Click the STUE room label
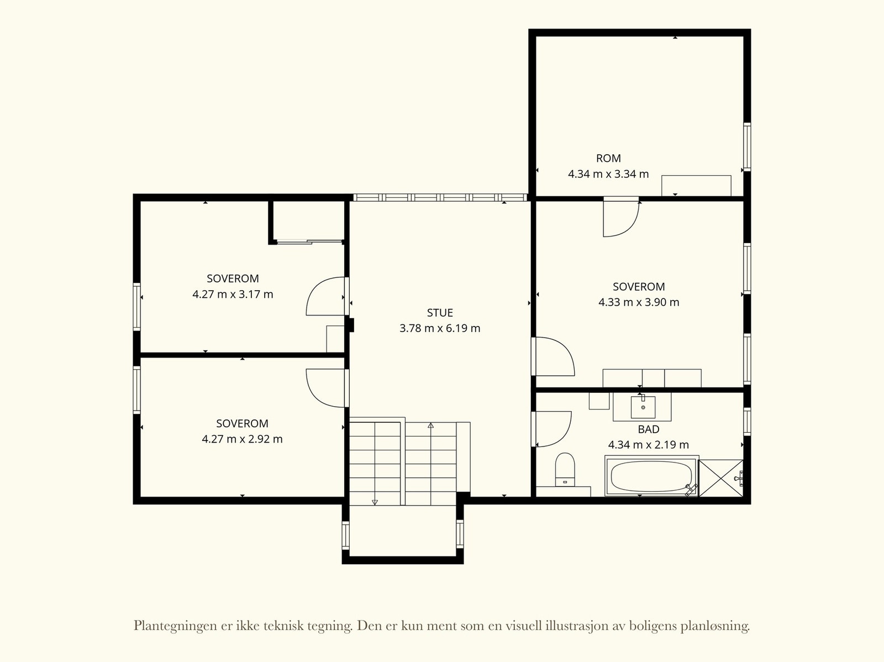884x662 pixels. [x=440, y=313]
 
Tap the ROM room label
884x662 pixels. [x=608, y=159]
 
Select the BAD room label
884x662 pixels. [x=649, y=429]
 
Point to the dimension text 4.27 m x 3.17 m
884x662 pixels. [x=233, y=295]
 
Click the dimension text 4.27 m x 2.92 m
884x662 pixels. [x=242, y=439]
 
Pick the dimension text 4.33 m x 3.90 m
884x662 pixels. [x=639, y=302]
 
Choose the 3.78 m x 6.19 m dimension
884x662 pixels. [x=440, y=328]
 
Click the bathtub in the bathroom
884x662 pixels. [x=651, y=476]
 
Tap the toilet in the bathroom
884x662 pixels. [x=565, y=470]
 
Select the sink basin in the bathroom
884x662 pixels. [x=643, y=407]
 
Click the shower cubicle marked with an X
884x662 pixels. [x=721, y=479]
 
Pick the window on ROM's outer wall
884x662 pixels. [x=746, y=147]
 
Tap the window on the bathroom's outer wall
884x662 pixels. [x=746, y=422]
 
